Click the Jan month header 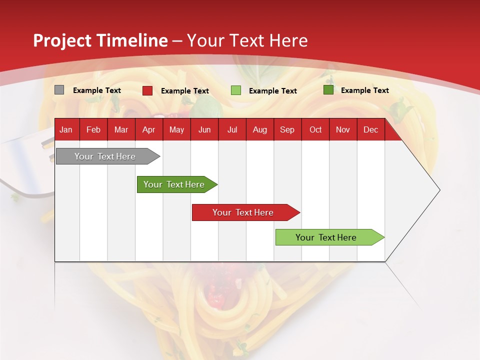pyautogui.click(x=66, y=129)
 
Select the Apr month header pyautogui.click(x=148, y=129)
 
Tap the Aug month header pyautogui.click(x=259, y=129)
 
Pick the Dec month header pyautogui.click(x=370, y=129)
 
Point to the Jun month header pyautogui.click(x=204, y=129)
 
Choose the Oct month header pyautogui.click(x=315, y=129)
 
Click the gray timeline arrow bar pyautogui.click(x=105, y=156)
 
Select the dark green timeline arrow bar pyautogui.click(x=174, y=184)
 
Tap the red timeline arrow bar pyautogui.click(x=243, y=212)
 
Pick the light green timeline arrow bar pyautogui.click(x=326, y=237)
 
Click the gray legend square pyautogui.click(x=59, y=90)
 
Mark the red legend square pyautogui.click(x=147, y=90)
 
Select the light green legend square pyautogui.click(x=236, y=90)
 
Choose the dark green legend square pyautogui.click(x=328, y=90)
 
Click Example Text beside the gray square pyautogui.click(x=97, y=90)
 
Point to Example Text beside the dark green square pyautogui.click(x=364, y=90)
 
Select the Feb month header pyautogui.click(x=93, y=129)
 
